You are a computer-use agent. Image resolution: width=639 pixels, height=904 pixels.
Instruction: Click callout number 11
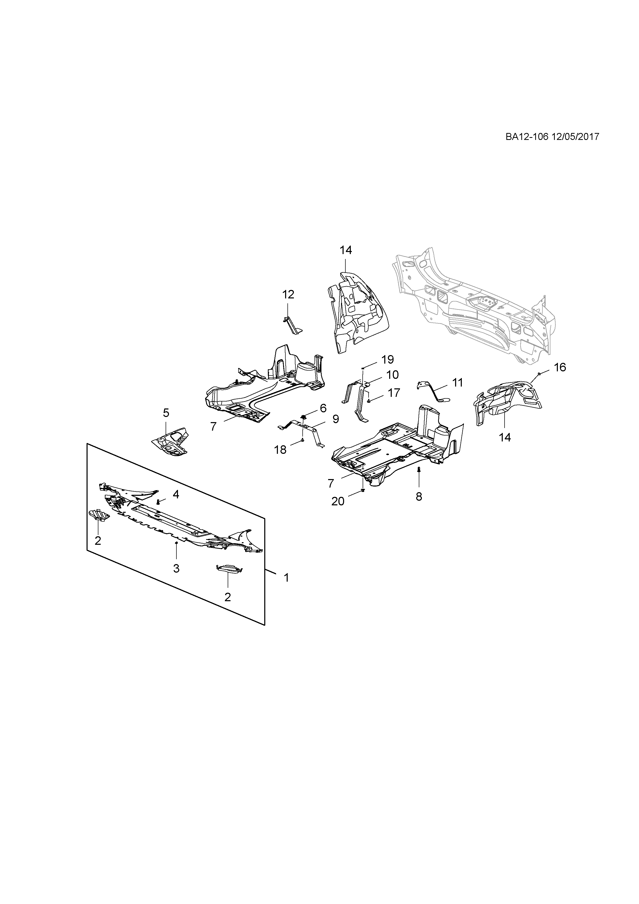tap(457, 382)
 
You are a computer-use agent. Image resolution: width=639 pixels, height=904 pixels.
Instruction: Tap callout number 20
tap(338, 501)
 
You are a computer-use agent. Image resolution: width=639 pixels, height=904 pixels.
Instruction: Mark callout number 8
tap(419, 497)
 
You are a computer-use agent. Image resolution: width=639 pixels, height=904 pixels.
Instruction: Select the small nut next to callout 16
tap(538, 373)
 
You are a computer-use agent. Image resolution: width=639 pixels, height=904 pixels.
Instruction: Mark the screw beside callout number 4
tap(158, 502)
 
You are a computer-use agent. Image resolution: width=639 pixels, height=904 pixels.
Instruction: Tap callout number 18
tap(280, 450)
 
